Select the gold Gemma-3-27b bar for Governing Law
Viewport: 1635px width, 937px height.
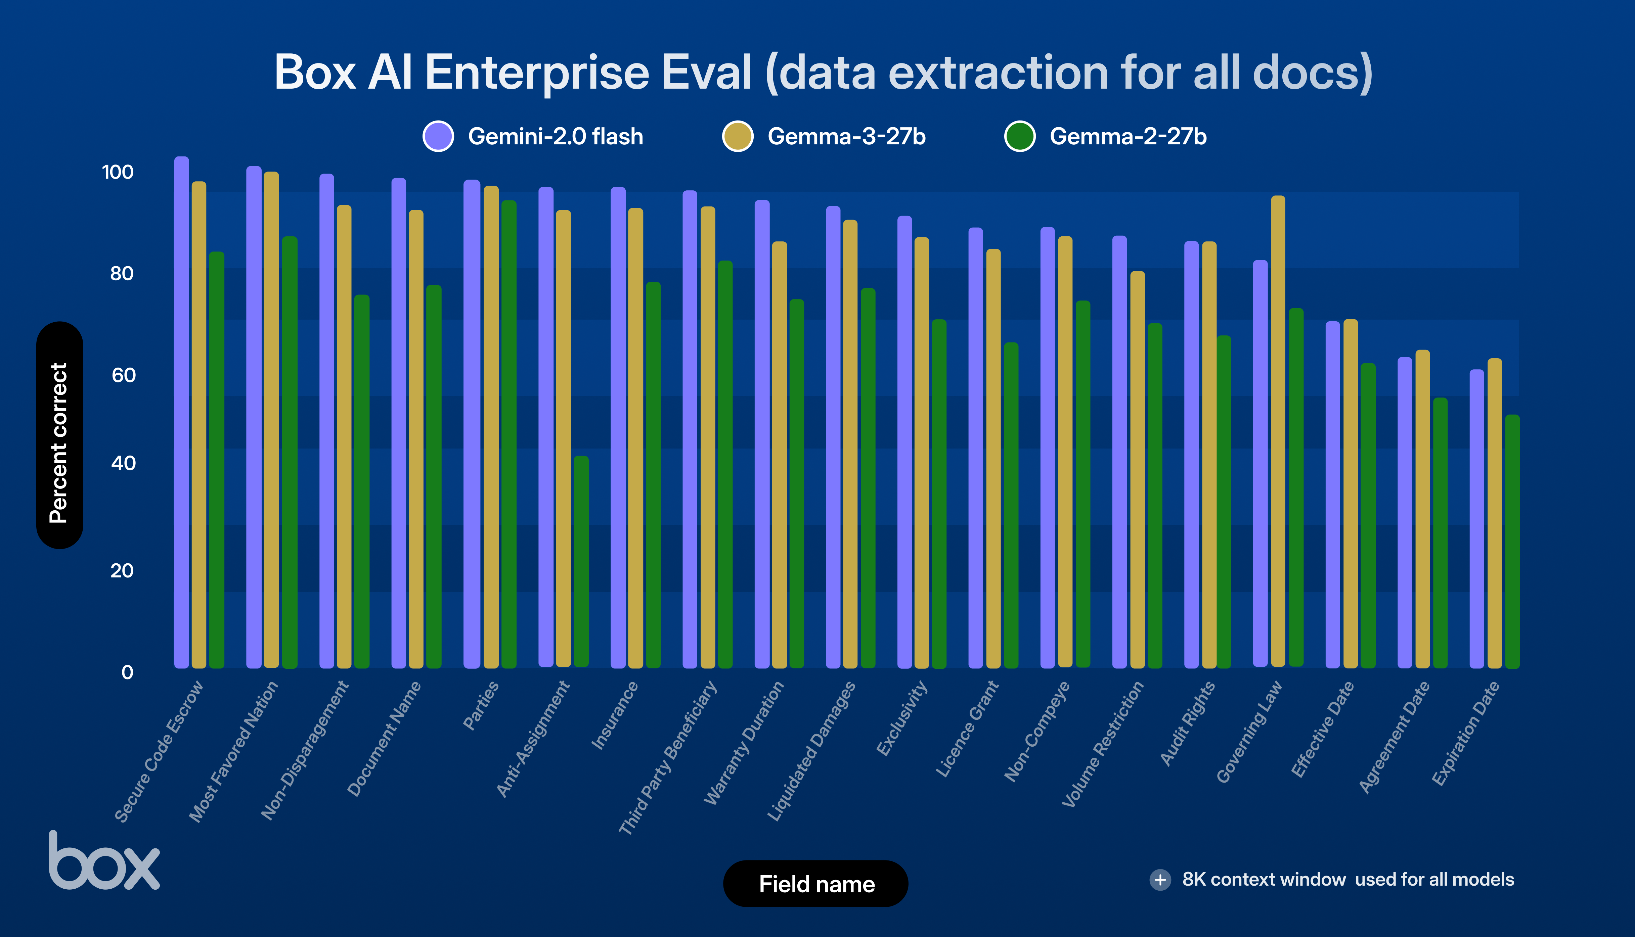pos(1278,431)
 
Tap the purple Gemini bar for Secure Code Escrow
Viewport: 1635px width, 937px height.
pos(181,412)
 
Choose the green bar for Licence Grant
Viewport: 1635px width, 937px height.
pos(1011,505)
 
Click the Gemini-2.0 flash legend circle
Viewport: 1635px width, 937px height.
pos(438,136)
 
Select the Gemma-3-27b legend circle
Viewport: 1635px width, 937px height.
pos(738,136)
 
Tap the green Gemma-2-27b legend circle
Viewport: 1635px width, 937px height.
pos(1020,136)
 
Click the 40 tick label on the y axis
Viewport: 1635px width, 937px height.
pos(123,463)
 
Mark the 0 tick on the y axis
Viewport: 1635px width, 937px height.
pos(127,672)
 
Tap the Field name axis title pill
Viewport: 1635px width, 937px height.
pos(815,884)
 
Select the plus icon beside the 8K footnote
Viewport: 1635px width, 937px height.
pos(1160,880)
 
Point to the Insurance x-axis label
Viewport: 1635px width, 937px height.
pos(615,716)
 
